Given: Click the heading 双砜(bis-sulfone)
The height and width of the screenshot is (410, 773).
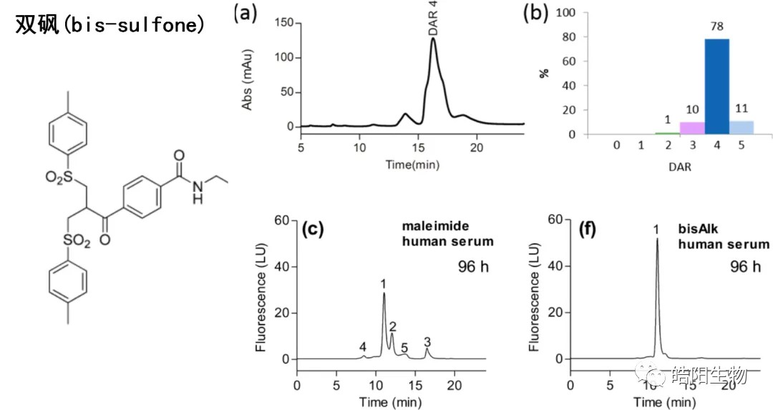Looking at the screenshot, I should pos(111,26).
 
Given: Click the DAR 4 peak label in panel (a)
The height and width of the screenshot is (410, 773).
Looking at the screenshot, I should pos(434,19).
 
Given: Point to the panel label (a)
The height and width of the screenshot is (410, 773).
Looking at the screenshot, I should pos(245,14).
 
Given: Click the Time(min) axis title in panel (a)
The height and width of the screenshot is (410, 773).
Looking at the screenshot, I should pos(412,164).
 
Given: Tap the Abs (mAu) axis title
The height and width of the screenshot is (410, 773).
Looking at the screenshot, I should pos(248,76).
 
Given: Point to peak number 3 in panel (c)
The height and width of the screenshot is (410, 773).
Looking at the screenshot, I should pos(427,341).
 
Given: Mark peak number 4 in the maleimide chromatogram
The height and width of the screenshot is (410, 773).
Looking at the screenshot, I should pos(363,347).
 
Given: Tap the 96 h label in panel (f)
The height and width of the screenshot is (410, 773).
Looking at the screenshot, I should pos(744,267).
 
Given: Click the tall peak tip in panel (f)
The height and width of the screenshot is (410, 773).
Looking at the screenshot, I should pos(657,240).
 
